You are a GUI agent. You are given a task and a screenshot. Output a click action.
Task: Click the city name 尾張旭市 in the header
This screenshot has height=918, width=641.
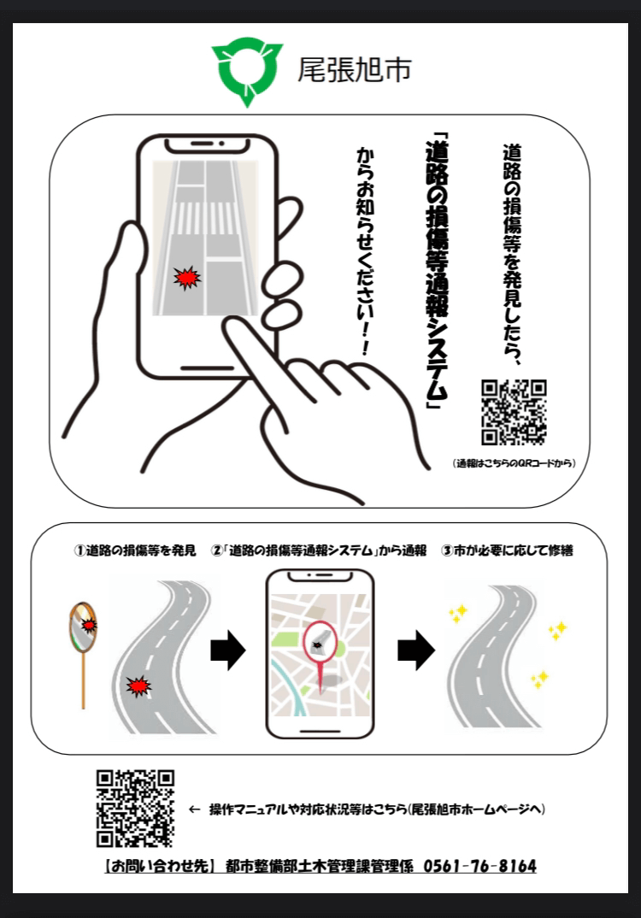(x=355, y=70)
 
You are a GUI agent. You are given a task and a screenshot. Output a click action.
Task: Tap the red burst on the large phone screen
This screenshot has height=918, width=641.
(x=187, y=278)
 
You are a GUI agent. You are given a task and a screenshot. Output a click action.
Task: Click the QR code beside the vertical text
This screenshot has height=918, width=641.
(x=514, y=412)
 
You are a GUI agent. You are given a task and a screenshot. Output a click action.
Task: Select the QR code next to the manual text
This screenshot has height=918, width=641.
(x=135, y=809)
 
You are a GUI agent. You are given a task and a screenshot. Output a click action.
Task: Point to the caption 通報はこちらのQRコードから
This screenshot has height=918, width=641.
(x=514, y=463)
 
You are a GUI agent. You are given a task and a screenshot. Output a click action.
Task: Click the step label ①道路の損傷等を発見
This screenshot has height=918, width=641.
(x=135, y=550)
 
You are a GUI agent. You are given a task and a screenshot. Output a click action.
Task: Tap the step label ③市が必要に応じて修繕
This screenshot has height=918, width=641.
(x=507, y=550)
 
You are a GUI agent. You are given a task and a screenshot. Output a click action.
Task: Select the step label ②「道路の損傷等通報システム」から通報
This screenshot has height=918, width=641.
(x=319, y=550)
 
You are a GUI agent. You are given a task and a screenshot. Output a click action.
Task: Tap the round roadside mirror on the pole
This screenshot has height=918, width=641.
(x=83, y=627)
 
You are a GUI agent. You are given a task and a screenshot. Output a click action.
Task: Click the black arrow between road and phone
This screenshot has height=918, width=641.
(x=227, y=650)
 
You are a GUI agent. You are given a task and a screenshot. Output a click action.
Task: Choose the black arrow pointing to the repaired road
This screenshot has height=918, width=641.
(x=416, y=650)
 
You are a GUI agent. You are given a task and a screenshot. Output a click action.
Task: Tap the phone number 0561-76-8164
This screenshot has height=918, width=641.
(x=480, y=866)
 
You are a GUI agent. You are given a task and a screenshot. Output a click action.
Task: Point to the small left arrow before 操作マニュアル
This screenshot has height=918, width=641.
(x=194, y=809)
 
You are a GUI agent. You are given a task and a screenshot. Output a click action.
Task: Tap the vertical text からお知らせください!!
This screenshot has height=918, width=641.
(x=365, y=252)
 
